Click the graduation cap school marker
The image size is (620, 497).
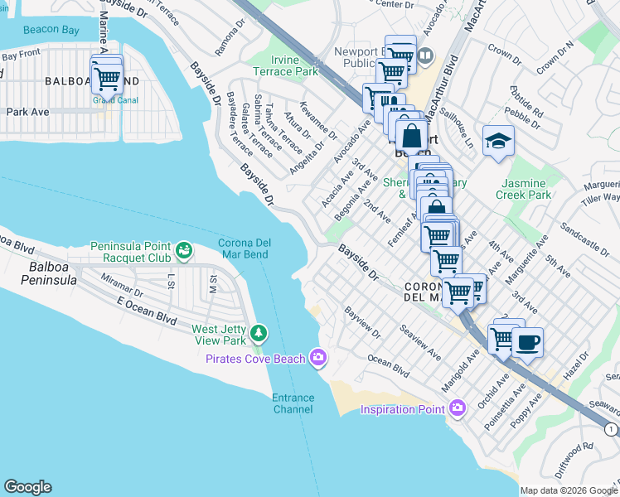tap(498, 139)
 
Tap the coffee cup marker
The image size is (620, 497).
tap(527, 341)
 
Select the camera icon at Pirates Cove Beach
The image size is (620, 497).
tap(317, 358)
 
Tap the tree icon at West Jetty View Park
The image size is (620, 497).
tap(259, 333)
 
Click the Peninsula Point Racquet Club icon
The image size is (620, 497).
tap(183, 248)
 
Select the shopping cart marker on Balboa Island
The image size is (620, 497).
tap(108, 79)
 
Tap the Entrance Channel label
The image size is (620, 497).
tap(293, 403)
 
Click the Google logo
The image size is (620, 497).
tap(27, 487)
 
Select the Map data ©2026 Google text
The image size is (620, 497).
tap(568, 490)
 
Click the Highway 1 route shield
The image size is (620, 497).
tap(611, 428)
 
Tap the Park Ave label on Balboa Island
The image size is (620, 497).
tap(28, 112)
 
